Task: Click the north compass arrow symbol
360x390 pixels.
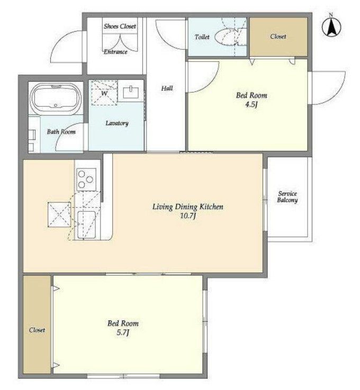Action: (x=331, y=25)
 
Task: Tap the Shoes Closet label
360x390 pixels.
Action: (x=120, y=26)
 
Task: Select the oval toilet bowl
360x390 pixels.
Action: (x=226, y=37)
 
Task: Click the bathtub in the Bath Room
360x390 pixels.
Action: (x=56, y=99)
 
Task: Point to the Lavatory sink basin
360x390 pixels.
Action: (x=131, y=92)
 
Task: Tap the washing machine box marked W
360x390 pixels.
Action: (x=104, y=93)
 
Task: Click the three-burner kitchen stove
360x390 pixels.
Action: (x=86, y=179)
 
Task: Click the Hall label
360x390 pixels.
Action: (x=167, y=88)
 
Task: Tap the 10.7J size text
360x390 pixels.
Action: (x=188, y=216)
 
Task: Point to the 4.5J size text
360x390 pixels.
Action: (x=251, y=104)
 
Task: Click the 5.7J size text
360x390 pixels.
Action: (x=123, y=333)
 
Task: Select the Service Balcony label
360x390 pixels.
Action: (x=287, y=197)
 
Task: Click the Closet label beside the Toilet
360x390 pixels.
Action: (x=278, y=37)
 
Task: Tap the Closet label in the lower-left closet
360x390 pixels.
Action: (x=37, y=330)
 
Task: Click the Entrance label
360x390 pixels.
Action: (x=115, y=52)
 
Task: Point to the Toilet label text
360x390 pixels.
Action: (x=202, y=37)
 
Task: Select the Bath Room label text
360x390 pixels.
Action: (x=61, y=131)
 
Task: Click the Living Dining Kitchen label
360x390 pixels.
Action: (x=188, y=207)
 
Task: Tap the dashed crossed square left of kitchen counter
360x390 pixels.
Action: (x=59, y=215)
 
